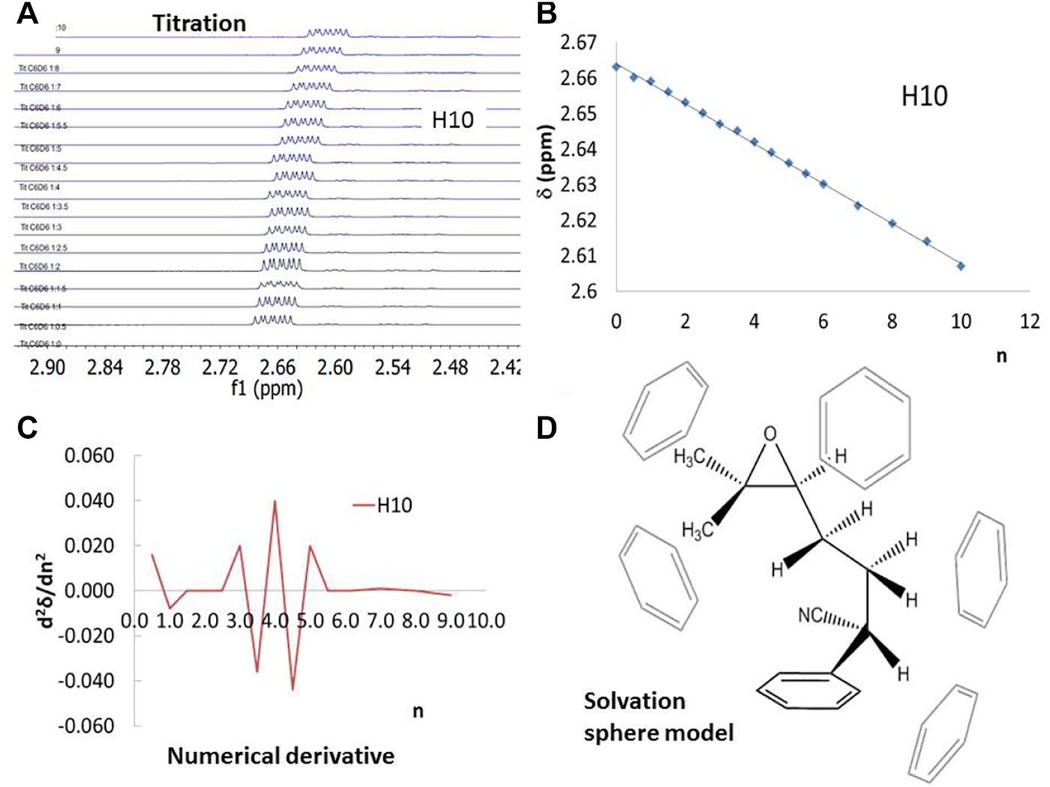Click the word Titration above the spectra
point(199,23)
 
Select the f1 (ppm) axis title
point(268,389)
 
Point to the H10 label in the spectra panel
point(452,120)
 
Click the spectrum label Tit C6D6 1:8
point(40,69)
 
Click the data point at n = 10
point(961,266)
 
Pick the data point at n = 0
point(616,67)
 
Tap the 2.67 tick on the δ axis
point(578,43)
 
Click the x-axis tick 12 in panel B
point(1030,322)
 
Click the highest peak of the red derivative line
point(275,501)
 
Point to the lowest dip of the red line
point(292,689)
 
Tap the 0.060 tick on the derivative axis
point(89,456)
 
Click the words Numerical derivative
point(280,755)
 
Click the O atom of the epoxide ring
point(770,434)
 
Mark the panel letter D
point(547,428)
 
